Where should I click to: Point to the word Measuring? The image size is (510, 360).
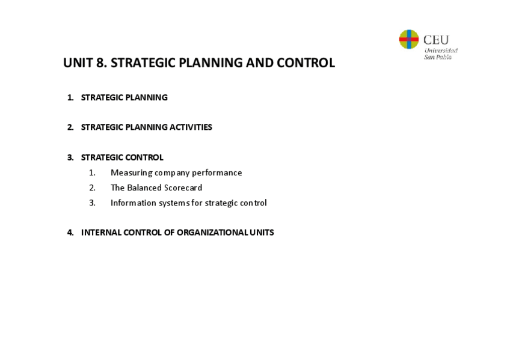(x=131, y=173)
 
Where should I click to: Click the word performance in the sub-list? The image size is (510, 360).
(x=217, y=173)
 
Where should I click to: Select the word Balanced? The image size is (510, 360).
(x=145, y=188)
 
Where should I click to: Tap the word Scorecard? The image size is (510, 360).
(x=183, y=188)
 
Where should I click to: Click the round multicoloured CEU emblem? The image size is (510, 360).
(x=409, y=40)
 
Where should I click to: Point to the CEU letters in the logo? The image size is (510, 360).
(x=436, y=40)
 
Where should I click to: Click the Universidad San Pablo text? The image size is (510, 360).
(x=440, y=54)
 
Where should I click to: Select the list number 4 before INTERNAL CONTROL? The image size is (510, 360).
(x=70, y=233)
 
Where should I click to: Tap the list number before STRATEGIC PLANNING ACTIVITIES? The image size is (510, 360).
(x=70, y=127)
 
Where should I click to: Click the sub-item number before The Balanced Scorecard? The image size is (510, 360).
(x=92, y=188)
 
